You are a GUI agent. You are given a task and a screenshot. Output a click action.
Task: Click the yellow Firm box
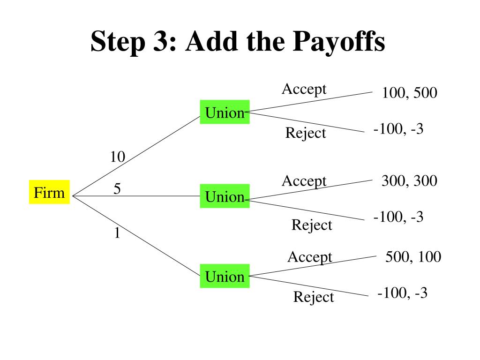point(49,192)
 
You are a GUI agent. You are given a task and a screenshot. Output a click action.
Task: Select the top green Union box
point(225,112)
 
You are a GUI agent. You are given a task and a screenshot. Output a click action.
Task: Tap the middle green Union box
point(225,196)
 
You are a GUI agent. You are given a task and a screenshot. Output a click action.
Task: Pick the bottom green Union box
point(225,276)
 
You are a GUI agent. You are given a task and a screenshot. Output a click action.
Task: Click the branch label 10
point(118,157)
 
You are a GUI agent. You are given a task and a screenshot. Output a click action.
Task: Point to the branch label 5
point(117,188)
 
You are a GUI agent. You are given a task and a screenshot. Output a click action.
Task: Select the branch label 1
point(117,233)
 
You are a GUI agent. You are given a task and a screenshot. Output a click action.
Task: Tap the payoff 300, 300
point(409,181)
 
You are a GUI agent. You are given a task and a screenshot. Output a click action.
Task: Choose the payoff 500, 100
point(413,257)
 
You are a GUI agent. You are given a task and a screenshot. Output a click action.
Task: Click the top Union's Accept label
point(304,90)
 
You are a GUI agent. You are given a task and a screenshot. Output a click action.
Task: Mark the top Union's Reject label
point(306,133)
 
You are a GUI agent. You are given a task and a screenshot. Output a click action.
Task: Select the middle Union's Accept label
point(304,181)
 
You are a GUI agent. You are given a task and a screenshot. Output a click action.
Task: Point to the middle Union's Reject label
point(312,225)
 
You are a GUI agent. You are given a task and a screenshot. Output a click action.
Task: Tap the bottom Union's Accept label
point(310,257)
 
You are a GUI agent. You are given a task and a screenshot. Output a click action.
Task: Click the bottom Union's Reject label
point(314,297)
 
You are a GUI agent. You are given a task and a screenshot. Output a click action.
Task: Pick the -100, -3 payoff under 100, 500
point(398,129)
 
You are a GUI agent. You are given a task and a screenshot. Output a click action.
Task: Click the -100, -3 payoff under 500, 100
point(402,293)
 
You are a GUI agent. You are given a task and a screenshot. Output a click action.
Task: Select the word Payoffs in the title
point(339,42)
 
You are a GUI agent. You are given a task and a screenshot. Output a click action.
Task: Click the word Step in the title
point(118,43)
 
